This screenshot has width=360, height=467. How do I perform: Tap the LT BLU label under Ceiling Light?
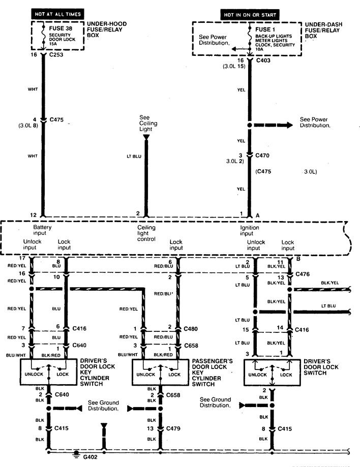point(134,156)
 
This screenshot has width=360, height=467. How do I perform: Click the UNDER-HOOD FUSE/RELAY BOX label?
point(107,30)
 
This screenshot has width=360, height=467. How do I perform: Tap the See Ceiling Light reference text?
point(148,123)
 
